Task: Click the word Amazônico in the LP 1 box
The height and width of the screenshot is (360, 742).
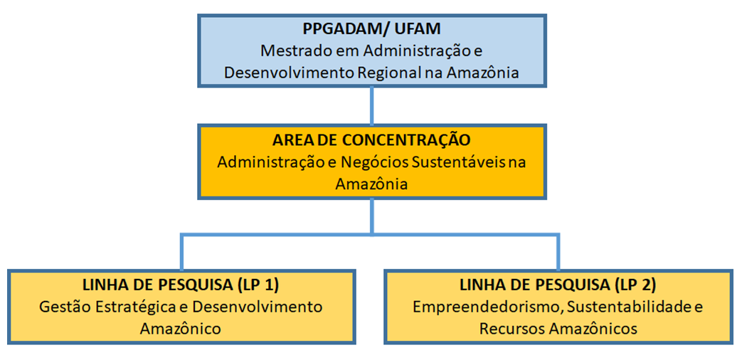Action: pyautogui.click(x=180, y=328)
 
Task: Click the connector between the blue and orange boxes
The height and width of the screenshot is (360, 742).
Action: pyautogui.click(x=372, y=106)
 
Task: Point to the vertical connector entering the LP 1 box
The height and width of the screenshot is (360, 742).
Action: pyautogui.click(x=181, y=251)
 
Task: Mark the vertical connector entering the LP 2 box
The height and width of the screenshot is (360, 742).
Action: pyautogui.click(x=559, y=251)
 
